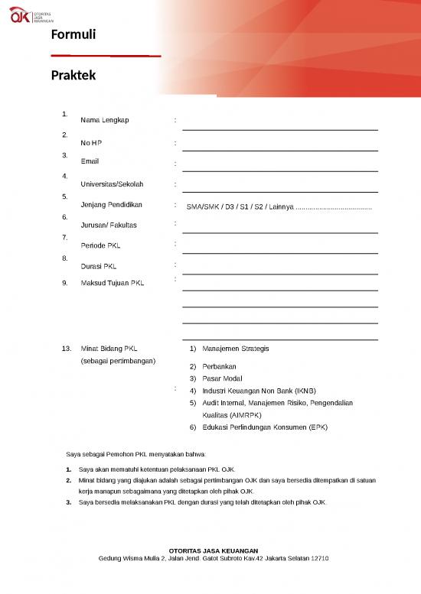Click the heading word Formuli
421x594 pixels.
[x=73, y=35]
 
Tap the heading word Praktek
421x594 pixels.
[x=73, y=76]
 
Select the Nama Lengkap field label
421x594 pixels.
[x=105, y=120]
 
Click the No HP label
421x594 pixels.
[x=91, y=143]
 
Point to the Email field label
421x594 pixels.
[x=90, y=161]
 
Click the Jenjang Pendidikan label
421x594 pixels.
[x=113, y=205]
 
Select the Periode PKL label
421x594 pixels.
[x=100, y=246]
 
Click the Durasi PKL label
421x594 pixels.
[x=98, y=267]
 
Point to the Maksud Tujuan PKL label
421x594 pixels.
[x=112, y=284]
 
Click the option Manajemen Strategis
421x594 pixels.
[x=236, y=349]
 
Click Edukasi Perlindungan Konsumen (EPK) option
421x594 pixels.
[x=265, y=427]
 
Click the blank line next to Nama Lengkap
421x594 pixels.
[x=280, y=122]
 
